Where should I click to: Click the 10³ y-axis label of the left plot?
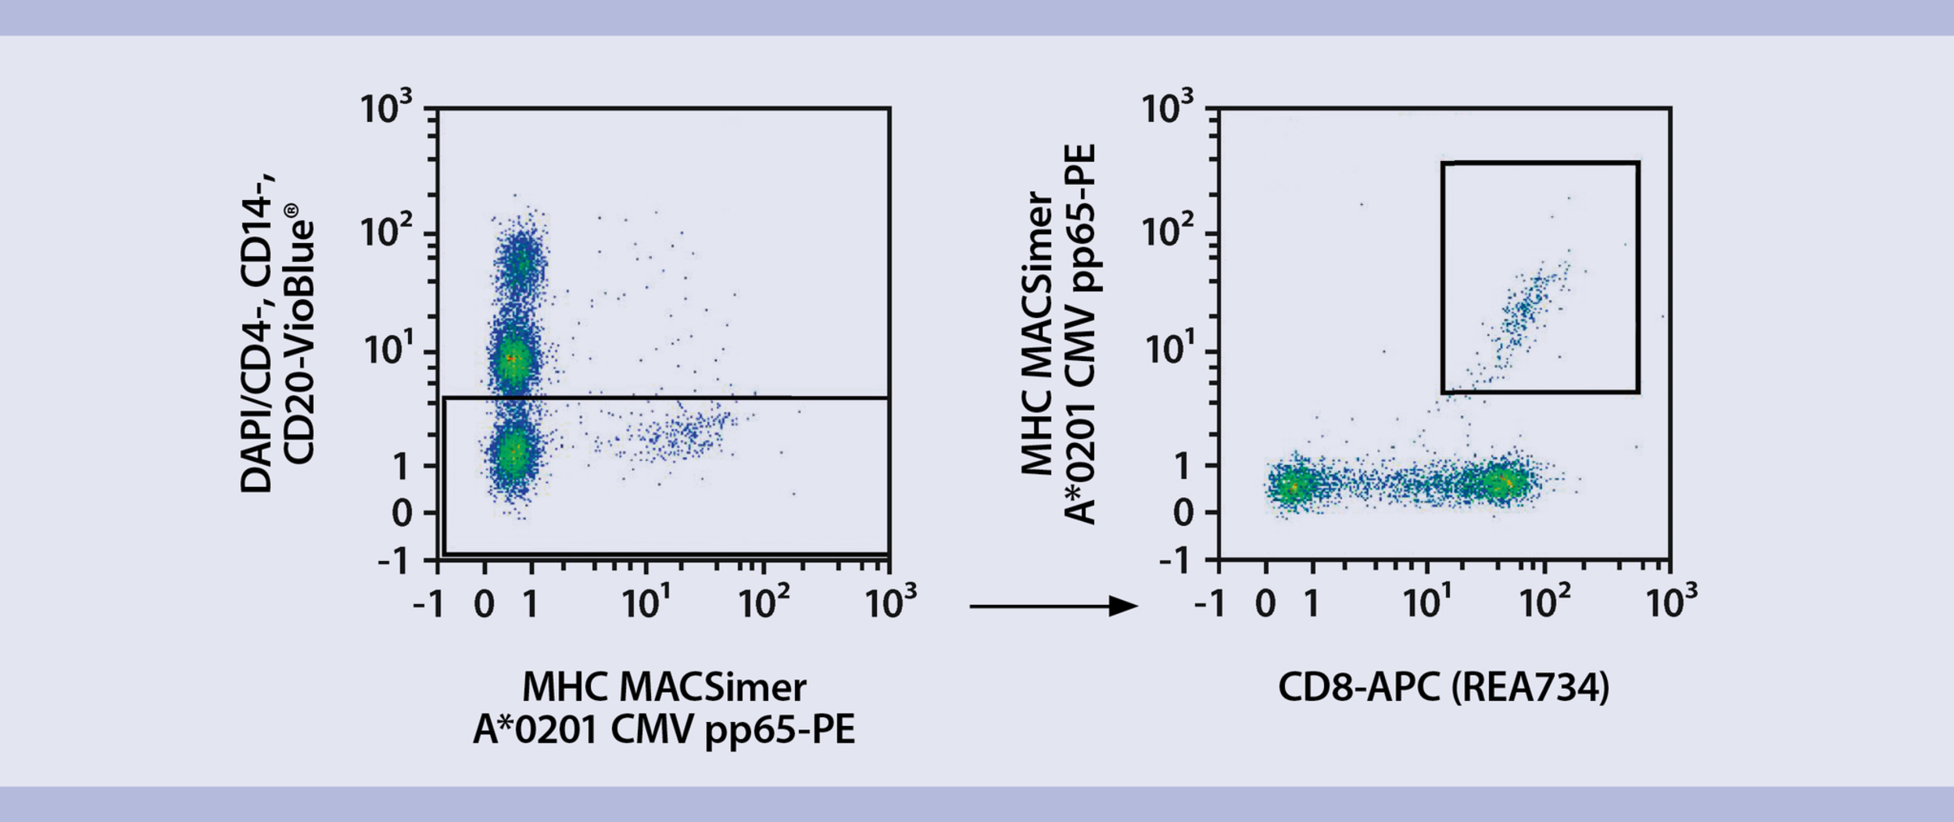[385, 108]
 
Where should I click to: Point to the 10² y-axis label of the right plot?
[1167, 231]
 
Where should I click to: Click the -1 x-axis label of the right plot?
[1209, 603]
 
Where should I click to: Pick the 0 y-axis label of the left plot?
[402, 513]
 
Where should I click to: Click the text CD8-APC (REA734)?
[1443, 688]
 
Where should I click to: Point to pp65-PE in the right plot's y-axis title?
[1081, 218]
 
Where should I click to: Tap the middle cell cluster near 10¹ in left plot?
[512, 358]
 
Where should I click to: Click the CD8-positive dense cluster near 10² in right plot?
[1501, 483]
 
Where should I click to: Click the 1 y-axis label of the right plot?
[1182, 467]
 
